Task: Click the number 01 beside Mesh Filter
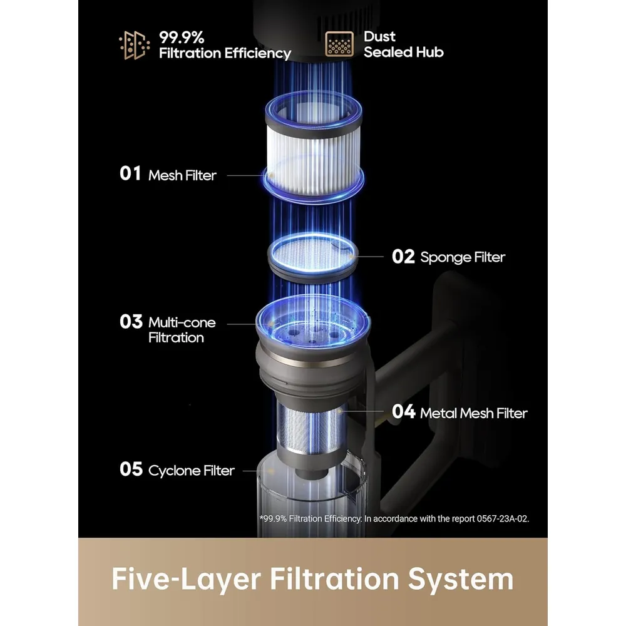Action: (130, 173)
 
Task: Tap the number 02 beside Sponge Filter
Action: (403, 257)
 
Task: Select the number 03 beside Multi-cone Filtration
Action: (131, 322)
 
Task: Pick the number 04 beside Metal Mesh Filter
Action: (403, 412)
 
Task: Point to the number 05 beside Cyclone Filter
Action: (131, 469)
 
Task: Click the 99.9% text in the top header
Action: (182, 38)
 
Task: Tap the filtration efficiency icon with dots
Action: (135, 45)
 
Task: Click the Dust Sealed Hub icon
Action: (339, 44)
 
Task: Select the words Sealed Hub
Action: (404, 52)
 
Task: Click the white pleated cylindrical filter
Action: (314, 146)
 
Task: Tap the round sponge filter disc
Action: (313, 256)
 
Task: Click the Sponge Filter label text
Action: (463, 257)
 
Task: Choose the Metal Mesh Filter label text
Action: (474, 413)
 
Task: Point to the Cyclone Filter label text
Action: (191, 471)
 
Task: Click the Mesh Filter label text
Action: (182, 175)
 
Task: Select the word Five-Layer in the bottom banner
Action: (187, 579)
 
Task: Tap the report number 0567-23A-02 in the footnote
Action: (503, 518)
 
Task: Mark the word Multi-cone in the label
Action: (182, 322)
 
